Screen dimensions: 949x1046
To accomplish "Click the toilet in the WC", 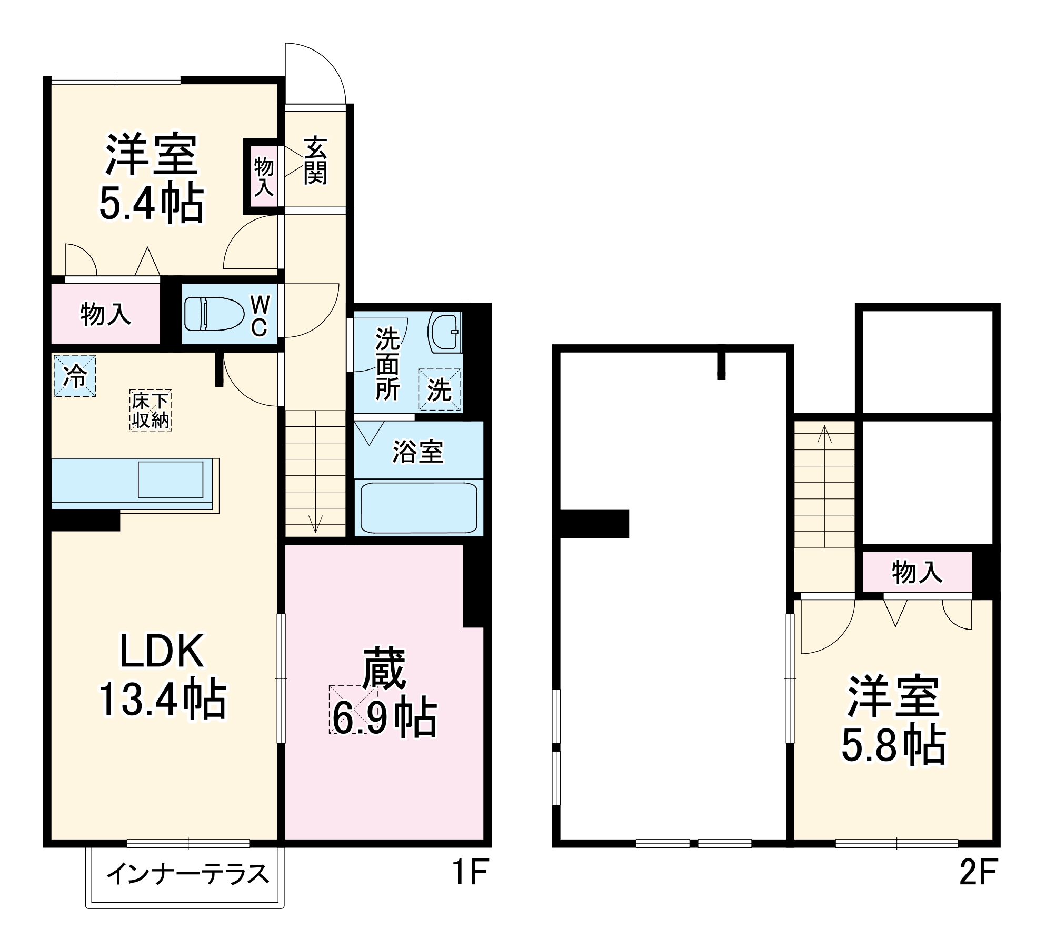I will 214,314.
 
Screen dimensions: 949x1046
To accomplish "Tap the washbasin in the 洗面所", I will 445,332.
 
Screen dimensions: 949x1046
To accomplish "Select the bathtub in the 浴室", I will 419,507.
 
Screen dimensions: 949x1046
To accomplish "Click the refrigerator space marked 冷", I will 75,376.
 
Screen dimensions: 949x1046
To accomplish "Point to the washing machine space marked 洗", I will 439,389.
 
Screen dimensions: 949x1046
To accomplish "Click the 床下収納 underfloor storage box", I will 151,411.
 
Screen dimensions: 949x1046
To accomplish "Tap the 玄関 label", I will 315,161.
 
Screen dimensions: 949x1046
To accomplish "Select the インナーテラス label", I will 188,874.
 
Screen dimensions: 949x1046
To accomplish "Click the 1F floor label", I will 471,872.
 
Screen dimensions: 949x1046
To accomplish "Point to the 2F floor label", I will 978,872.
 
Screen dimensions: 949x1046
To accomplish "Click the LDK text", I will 162,652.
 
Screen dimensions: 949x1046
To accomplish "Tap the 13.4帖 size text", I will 163,700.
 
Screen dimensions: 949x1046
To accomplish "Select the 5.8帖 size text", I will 893,745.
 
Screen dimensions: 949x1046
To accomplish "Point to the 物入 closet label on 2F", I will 917,572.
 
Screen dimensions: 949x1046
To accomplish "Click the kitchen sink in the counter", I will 171,479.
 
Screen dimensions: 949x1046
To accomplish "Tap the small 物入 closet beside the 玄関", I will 264,177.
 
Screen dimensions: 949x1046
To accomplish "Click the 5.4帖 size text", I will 152,203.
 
